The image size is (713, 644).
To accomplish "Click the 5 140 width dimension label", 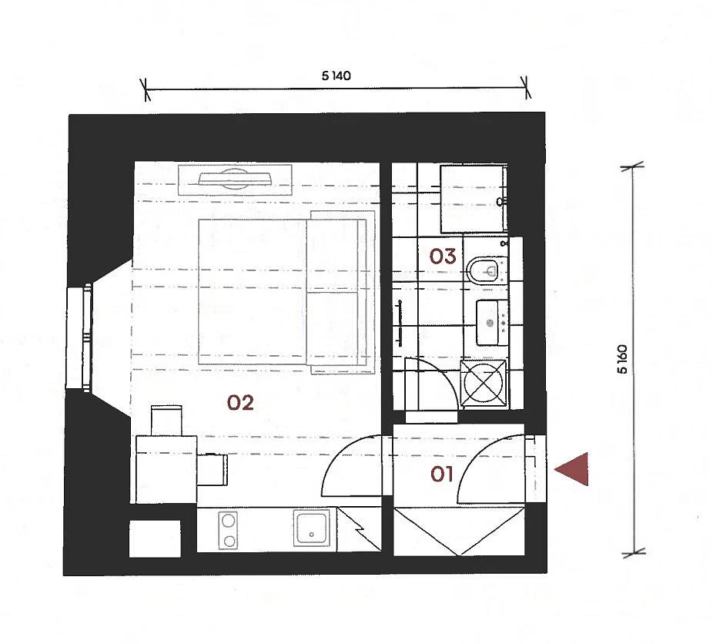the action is tap(336, 76).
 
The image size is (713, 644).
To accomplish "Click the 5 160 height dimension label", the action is tap(622, 359).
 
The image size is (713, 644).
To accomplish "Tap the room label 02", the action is tap(240, 402).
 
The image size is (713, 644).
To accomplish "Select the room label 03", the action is tap(443, 257).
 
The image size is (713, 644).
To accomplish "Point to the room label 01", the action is tap(441, 475).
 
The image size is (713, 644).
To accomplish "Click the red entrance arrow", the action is tap(572, 469).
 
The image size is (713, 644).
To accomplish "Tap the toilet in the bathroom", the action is tap(487, 270).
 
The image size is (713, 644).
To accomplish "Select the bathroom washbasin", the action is tap(491, 323).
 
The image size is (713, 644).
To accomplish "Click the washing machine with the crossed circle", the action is tap(484, 383).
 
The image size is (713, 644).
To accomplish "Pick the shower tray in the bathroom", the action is tap(474, 199).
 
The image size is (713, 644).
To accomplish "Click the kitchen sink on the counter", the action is tap(312, 528).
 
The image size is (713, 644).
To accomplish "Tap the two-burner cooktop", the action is tap(228, 530).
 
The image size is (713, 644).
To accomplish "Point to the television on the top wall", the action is tap(235, 179).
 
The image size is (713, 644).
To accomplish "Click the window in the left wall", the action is tap(79, 337).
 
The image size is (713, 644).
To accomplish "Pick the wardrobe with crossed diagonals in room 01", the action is tap(459, 532).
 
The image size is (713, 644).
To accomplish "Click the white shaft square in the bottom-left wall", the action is tap(155, 539).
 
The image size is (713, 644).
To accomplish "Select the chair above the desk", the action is tap(166, 421).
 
